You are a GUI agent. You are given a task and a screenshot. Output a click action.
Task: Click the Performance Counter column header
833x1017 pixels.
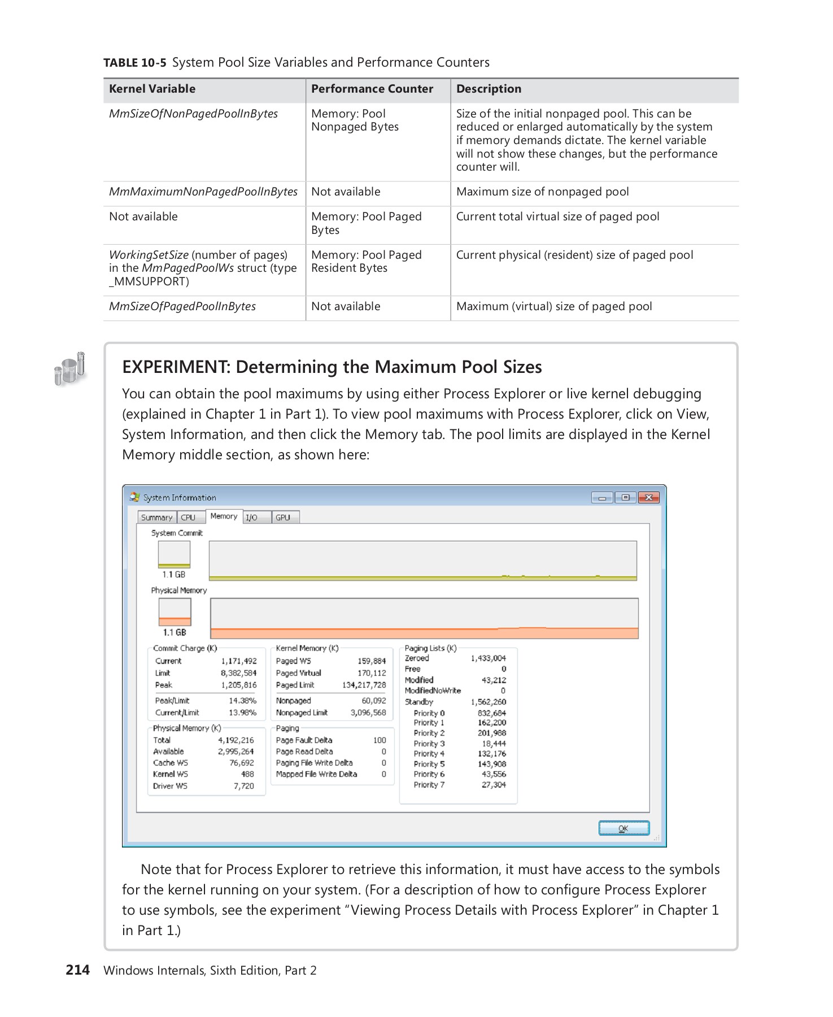(x=372, y=89)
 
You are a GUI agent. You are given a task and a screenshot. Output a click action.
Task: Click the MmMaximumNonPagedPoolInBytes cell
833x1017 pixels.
(x=203, y=192)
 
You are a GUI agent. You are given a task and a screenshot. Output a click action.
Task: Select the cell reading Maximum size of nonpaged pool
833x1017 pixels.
(x=542, y=192)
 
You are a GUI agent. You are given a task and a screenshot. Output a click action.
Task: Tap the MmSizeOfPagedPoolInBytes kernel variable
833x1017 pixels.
(x=182, y=307)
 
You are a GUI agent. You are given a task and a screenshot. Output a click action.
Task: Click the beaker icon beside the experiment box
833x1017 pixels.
(x=70, y=368)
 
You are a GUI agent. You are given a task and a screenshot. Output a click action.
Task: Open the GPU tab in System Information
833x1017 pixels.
(x=283, y=518)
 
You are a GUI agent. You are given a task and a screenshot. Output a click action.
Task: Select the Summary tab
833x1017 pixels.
(x=156, y=518)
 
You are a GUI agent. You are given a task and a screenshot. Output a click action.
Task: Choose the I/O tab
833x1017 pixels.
(x=252, y=518)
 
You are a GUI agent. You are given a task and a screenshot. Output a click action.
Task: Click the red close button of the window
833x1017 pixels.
(x=649, y=498)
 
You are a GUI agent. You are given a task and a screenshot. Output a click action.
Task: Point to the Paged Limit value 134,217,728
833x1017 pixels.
(x=364, y=685)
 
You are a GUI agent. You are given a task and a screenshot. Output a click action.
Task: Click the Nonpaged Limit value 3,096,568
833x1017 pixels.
(x=368, y=713)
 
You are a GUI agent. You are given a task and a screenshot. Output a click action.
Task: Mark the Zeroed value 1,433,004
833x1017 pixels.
(x=488, y=658)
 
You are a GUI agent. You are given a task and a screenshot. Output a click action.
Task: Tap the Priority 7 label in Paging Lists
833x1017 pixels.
(x=429, y=785)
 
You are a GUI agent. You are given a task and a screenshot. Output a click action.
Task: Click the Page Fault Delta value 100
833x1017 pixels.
(x=380, y=740)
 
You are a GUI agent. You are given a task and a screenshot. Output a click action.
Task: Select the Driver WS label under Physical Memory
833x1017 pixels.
(x=170, y=786)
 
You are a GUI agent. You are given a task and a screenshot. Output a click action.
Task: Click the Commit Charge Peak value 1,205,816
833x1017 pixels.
(x=238, y=685)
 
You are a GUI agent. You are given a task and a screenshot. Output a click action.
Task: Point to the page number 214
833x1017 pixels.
(x=77, y=970)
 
